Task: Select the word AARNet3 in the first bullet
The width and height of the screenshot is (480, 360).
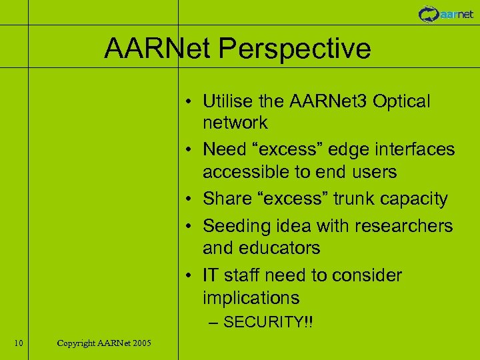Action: pyautogui.click(x=331, y=101)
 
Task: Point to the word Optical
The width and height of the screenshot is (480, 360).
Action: pyautogui.click(x=402, y=101)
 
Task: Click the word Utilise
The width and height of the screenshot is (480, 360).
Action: pyautogui.click(x=227, y=101)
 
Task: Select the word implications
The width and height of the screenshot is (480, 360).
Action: pyautogui.click(x=251, y=297)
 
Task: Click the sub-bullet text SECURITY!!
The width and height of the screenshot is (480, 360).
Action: pyautogui.click(x=268, y=323)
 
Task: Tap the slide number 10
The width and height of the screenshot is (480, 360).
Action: pyautogui.click(x=19, y=343)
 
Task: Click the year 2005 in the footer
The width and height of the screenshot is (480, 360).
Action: pyautogui.click(x=141, y=343)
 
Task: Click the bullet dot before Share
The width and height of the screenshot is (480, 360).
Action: pyautogui.click(x=190, y=199)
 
